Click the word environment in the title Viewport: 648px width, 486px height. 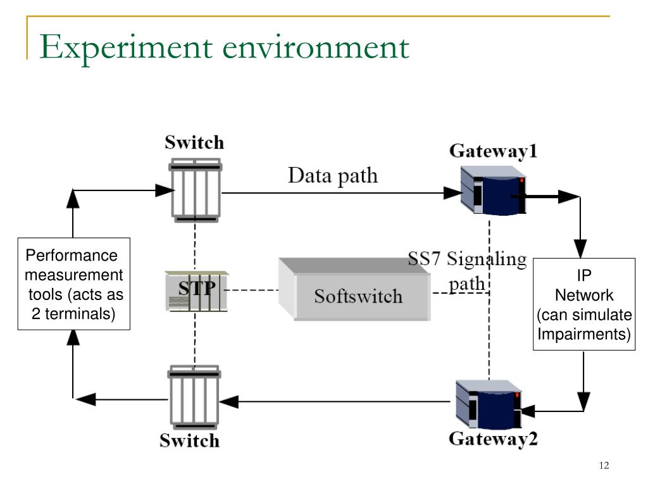pos(316,47)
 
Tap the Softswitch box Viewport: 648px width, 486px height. pos(354,289)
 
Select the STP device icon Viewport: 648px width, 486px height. pos(197,291)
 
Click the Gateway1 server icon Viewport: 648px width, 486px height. pos(493,190)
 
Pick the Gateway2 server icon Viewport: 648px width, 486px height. pos(489,404)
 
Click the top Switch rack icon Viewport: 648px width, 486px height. pos(196,190)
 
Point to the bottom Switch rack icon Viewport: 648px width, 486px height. pos(194,397)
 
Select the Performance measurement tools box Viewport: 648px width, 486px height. pos(74,284)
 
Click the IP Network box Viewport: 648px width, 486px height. pos(584,304)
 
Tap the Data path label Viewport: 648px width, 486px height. pos(333,176)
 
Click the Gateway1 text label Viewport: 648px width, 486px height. pos(493,151)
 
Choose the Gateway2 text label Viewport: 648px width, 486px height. pos(493,439)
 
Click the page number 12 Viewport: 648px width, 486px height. pos(604,466)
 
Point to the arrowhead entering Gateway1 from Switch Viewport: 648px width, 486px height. pos(452,192)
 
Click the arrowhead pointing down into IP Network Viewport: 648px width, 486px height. pos(580,249)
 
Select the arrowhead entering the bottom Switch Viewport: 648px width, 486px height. pos(228,402)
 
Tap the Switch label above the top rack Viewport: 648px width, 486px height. pos(194,142)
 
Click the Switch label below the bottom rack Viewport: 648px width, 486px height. pos(190,440)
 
